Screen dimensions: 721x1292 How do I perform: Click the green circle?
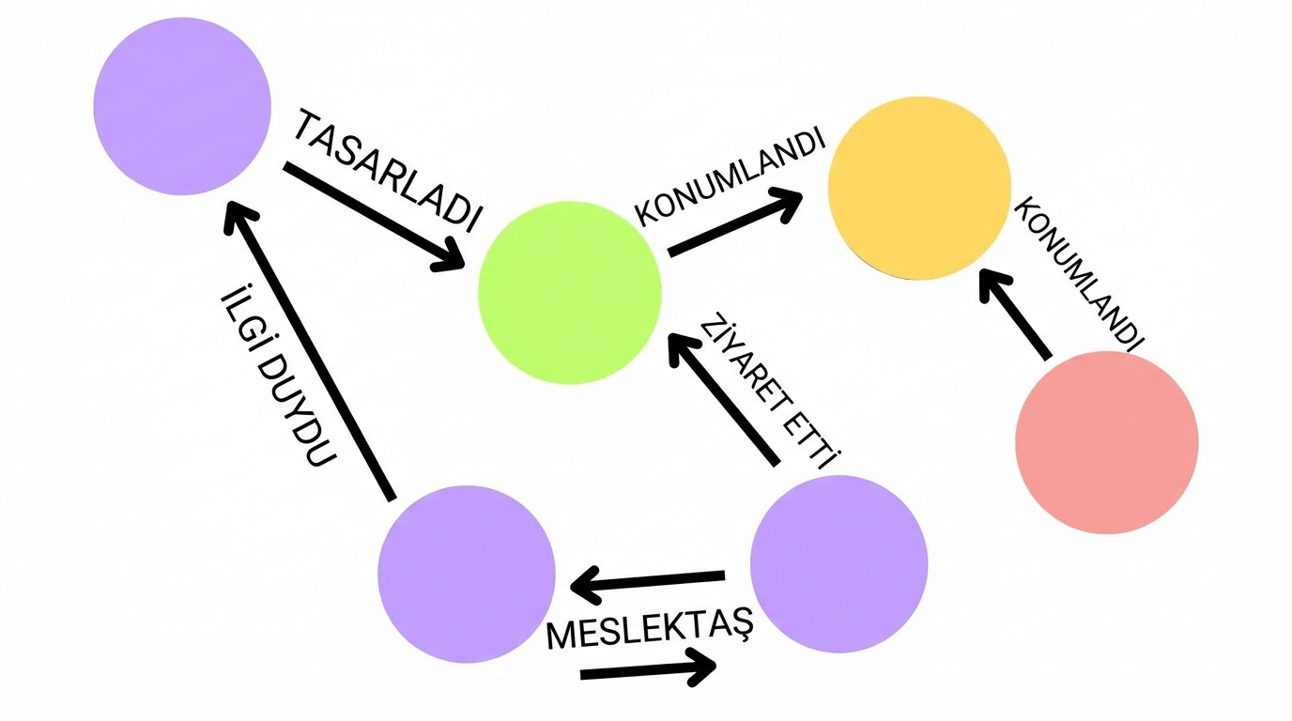tap(570, 291)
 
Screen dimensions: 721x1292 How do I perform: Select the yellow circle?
tap(919, 188)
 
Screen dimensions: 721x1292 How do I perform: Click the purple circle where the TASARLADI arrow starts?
tap(183, 106)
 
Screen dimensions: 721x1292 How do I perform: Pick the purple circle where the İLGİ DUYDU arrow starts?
tap(467, 574)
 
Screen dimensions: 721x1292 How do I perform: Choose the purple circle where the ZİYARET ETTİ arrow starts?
tap(838, 564)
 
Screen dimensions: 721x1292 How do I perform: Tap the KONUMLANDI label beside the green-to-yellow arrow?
tap(731, 177)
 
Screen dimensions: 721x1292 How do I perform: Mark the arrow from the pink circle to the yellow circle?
tap(1015, 314)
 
